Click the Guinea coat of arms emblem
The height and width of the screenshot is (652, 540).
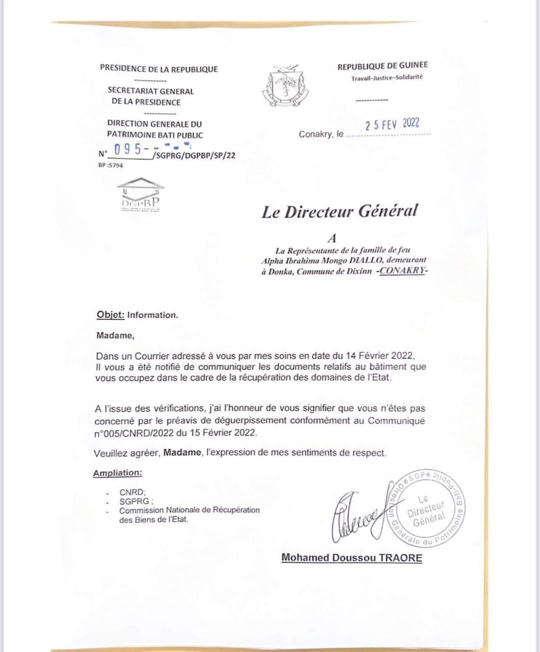(x=285, y=85)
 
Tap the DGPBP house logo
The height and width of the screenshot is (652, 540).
(x=141, y=194)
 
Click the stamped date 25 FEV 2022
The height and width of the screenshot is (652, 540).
(x=392, y=124)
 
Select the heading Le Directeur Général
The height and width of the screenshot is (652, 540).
(x=339, y=211)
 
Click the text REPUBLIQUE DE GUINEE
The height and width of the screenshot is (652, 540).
(x=382, y=65)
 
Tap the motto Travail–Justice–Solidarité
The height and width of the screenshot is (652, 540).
(x=386, y=77)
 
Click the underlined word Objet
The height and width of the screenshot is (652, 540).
(x=110, y=315)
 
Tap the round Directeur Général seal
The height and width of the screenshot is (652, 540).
(x=425, y=509)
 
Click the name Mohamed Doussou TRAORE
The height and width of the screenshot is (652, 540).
(x=351, y=558)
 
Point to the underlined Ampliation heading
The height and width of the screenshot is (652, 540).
(x=117, y=473)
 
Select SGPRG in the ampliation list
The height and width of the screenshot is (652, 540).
(x=135, y=501)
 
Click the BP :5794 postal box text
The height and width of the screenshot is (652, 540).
(x=110, y=165)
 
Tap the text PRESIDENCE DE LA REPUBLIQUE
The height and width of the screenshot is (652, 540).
(x=158, y=69)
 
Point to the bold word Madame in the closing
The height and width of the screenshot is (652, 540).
(x=182, y=453)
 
